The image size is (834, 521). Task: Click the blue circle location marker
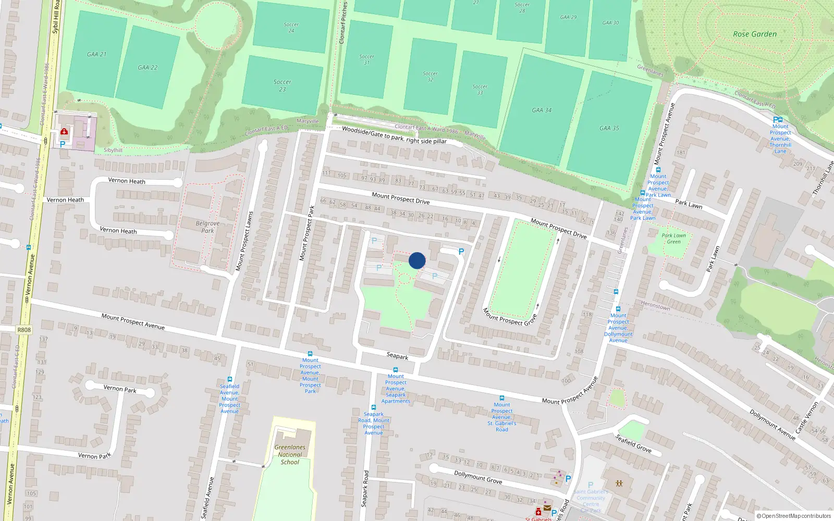tap(417, 260)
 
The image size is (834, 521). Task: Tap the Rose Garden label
tap(754, 34)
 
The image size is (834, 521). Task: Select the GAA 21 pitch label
tap(96, 54)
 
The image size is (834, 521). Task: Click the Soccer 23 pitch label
tap(282, 85)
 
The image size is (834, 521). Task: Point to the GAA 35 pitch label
tap(609, 128)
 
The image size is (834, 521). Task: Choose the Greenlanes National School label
tap(290, 454)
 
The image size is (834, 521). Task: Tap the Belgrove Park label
tap(207, 227)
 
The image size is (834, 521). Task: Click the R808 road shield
tap(24, 330)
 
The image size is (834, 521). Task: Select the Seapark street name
tap(397, 356)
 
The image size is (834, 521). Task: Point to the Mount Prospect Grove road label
tap(509, 317)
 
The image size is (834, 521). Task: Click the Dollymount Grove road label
tap(477, 477)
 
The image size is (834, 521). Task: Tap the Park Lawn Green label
tap(673, 239)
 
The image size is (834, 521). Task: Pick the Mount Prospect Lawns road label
tap(244, 241)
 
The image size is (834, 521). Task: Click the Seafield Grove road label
tap(633, 443)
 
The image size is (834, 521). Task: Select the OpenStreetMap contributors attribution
tap(793, 516)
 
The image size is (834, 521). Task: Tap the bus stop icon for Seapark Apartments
tap(396, 370)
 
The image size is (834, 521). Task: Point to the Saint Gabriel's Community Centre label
tap(591, 498)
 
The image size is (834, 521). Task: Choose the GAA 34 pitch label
tap(542, 110)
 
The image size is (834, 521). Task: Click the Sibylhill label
tap(113, 150)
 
